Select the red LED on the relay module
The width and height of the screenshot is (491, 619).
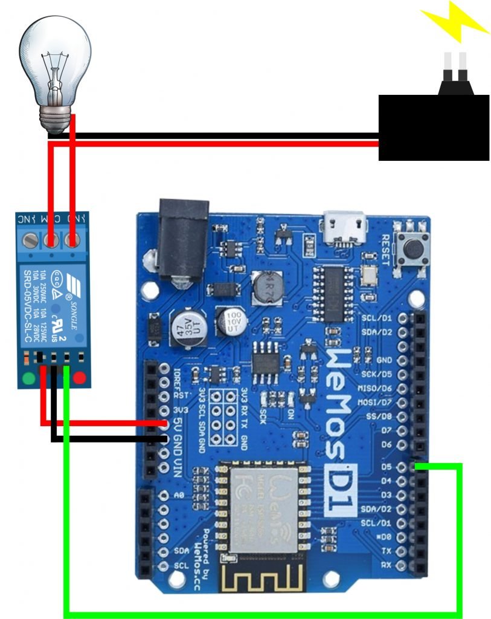click(x=79, y=380)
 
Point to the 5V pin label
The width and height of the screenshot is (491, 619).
click(x=178, y=426)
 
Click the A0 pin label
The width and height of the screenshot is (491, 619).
click(x=178, y=495)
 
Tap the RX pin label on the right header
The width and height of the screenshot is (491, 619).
click(x=387, y=565)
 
